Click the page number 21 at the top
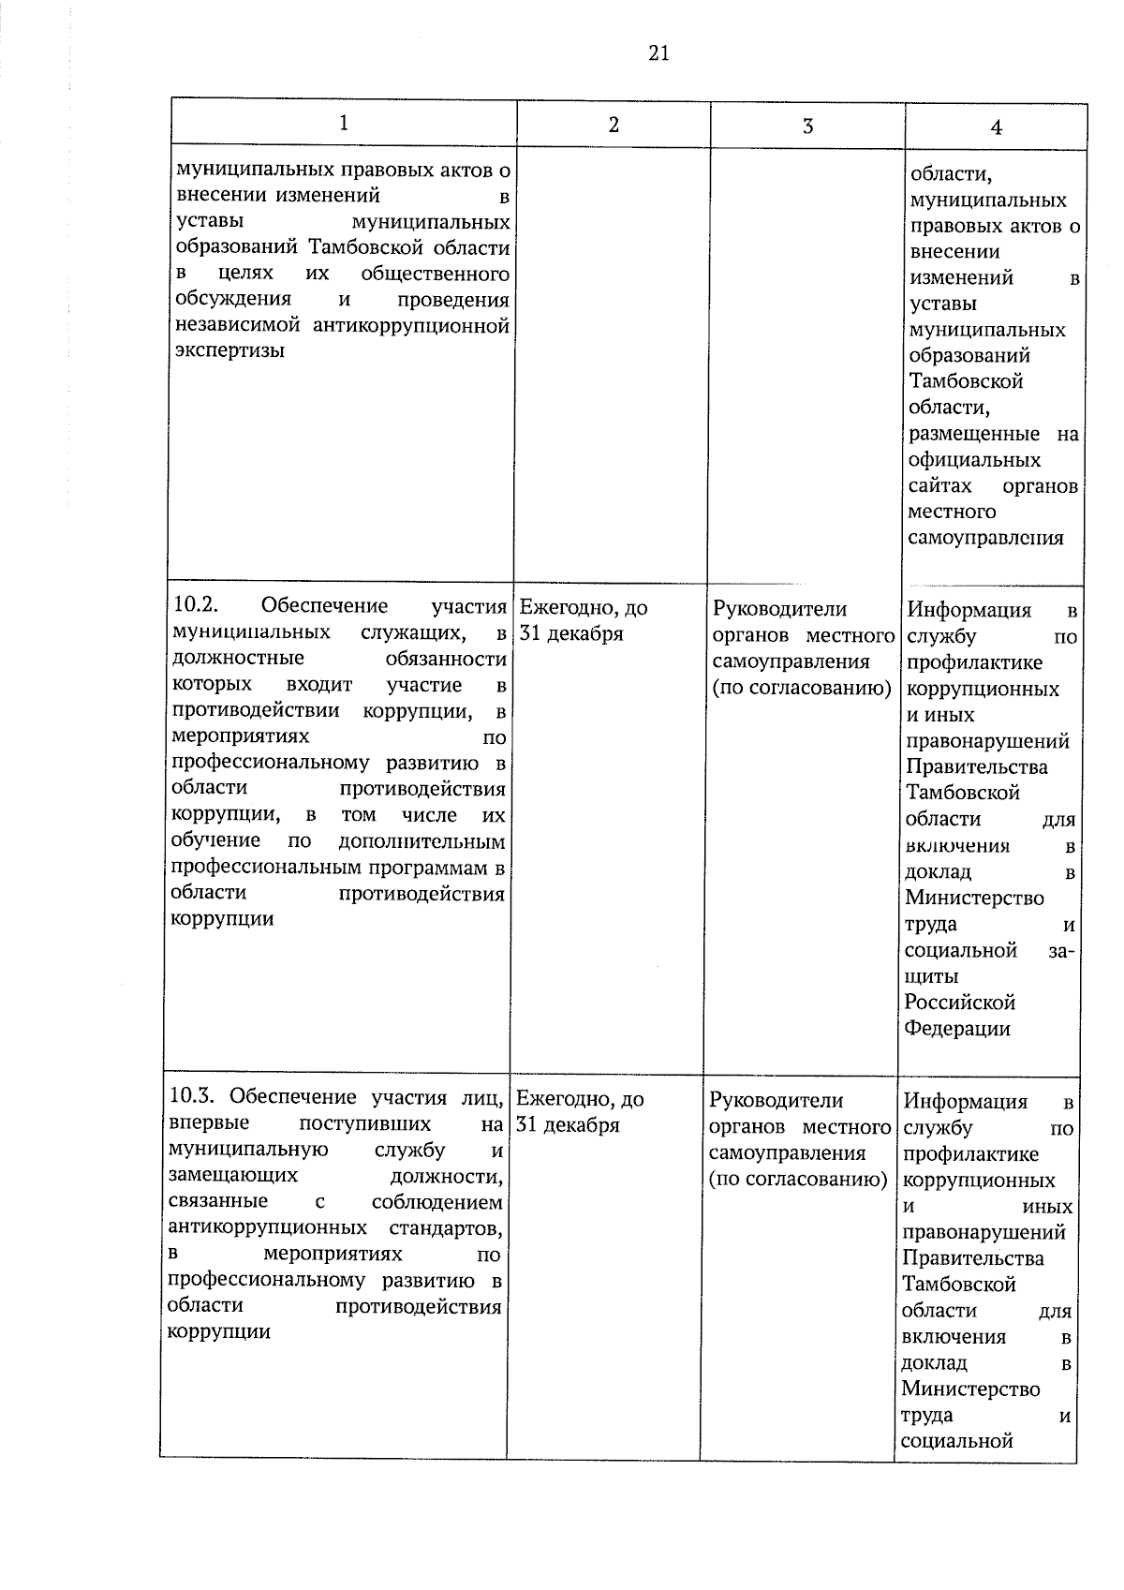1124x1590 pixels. (658, 53)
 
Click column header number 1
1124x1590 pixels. (344, 123)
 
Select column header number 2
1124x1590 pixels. (614, 124)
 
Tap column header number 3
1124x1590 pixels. (807, 126)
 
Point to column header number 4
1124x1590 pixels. (996, 128)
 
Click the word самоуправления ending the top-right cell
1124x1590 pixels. (985, 538)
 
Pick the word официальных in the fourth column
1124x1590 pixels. (974, 460)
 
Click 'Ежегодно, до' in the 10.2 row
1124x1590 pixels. (583, 608)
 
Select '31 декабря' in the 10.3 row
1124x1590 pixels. (569, 1125)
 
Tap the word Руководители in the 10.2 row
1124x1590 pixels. (779, 609)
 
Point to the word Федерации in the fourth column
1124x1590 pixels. (957, 1028)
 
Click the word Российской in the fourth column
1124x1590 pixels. (960, 1002)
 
